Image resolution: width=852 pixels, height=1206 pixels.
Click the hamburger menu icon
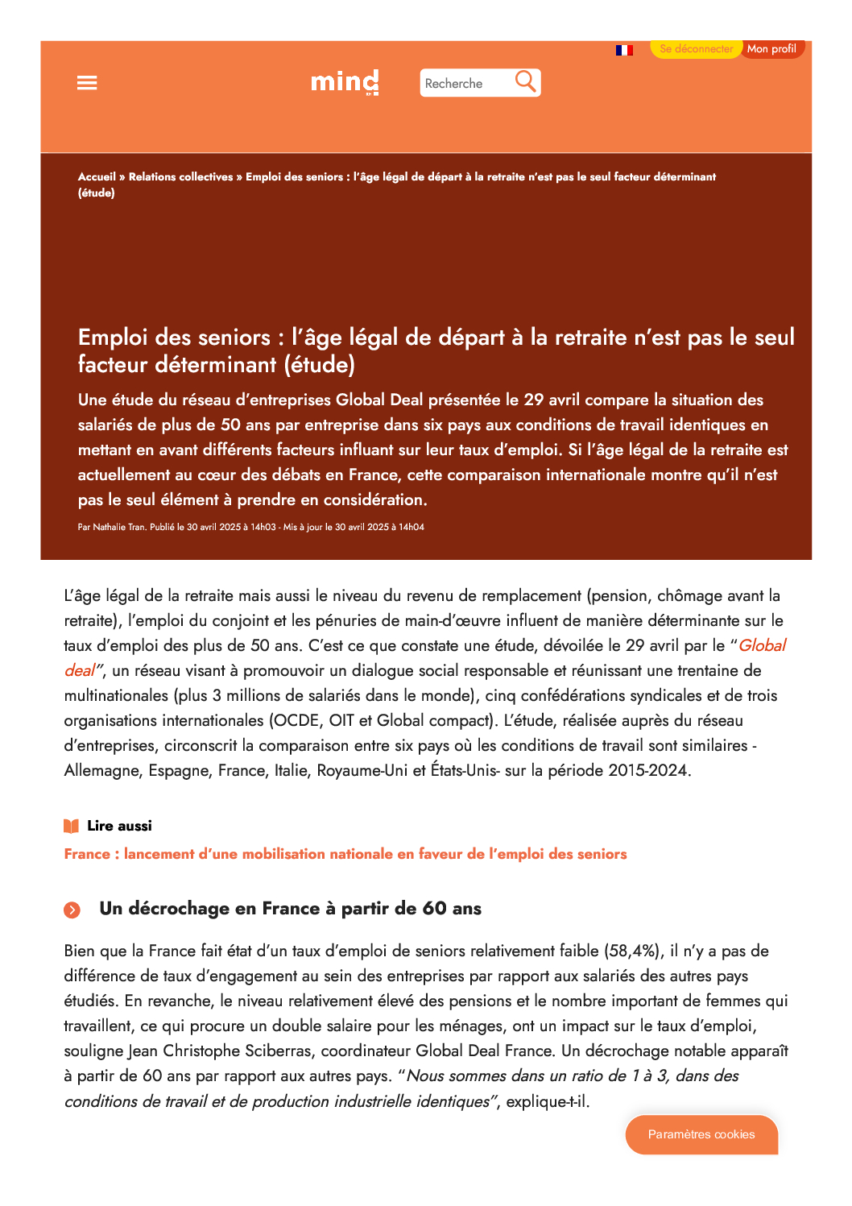coord(87,83)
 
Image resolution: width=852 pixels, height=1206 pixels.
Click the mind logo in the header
coord(345,82)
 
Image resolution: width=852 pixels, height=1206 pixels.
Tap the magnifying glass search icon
coord(525,81)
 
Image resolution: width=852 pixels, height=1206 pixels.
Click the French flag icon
coord(624,50)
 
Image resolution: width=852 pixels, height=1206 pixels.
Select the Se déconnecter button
coord(696,49)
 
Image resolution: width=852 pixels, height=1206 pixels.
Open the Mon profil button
coord(771,49)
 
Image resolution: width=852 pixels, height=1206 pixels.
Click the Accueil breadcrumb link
coord(97,176)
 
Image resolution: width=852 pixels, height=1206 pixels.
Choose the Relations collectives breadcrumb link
coord(180,176)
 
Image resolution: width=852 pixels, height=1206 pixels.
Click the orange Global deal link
coord(761,645)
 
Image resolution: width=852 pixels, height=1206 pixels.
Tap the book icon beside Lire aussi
coord(72,826)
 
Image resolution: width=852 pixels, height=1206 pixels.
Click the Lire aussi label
coord(119,826)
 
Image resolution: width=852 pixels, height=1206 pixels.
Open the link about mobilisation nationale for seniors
coord(345,854)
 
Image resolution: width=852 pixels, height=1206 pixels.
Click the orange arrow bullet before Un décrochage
coord(72,910)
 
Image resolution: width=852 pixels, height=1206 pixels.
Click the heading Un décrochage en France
coord(290,909)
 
